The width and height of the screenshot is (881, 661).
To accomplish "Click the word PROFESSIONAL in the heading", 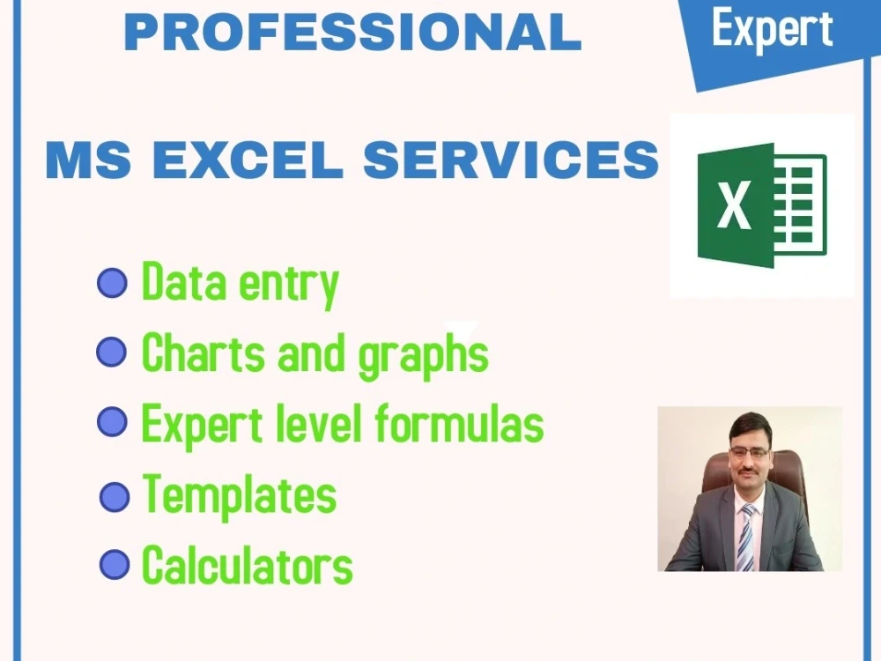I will (352, 32).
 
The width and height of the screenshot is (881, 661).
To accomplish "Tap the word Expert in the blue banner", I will (772, 31).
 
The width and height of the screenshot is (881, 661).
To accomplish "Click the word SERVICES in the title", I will (511, 160).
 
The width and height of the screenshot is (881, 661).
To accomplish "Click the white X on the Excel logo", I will (733, 205).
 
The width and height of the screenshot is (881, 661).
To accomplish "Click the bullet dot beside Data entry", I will (112, 284).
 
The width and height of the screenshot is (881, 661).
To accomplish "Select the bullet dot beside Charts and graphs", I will (111, 353).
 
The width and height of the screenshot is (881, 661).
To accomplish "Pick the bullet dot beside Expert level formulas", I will (112, 422).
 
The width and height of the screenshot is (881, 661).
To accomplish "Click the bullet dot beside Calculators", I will (115, 565).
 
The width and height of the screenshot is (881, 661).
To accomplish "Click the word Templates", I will (239, 494).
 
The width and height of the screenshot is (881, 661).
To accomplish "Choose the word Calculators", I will (247, 565).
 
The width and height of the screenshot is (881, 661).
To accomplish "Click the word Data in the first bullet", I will (176, 283).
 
